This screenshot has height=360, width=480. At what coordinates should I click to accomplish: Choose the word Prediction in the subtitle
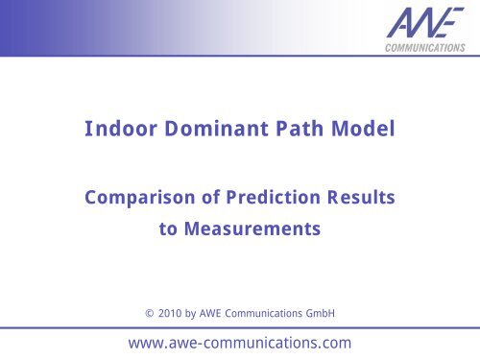pos(268,198)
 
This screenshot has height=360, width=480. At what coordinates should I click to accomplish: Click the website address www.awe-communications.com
pos(239,341)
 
